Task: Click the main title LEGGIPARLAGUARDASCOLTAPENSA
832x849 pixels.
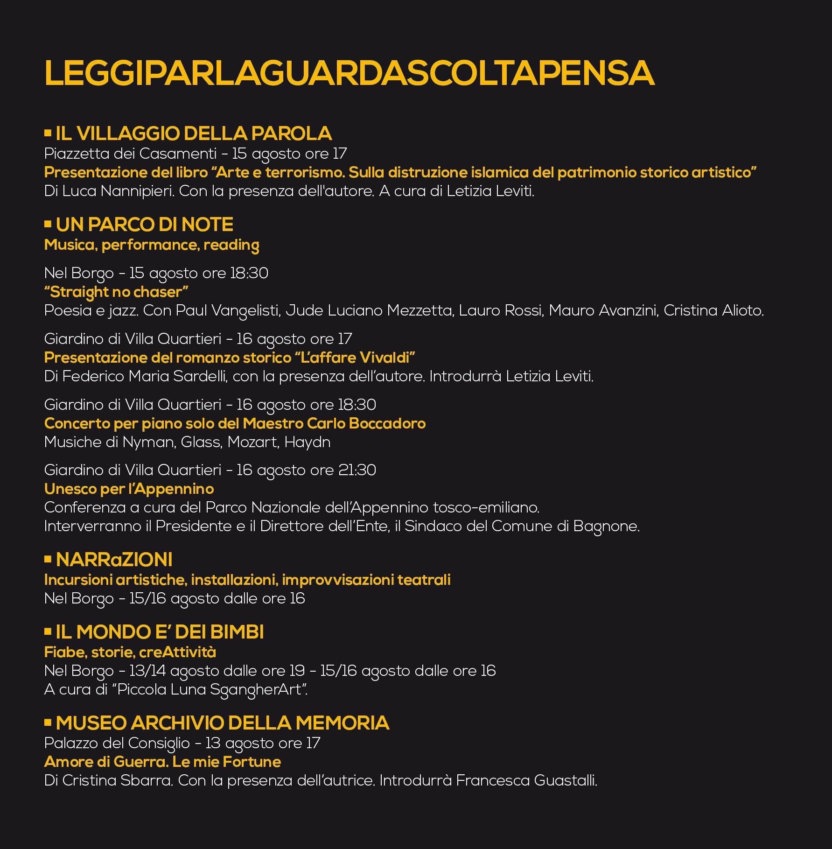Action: (x=349, y=73)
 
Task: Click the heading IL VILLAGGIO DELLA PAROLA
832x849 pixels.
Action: (x=194, y=133)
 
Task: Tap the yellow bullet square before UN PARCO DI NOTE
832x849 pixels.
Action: (x=48, y=224)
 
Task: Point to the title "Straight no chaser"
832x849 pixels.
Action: (x=116, y=292)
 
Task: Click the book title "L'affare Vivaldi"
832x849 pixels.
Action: (x=355, y=358)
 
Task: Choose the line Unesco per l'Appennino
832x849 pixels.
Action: (x=129, y=489)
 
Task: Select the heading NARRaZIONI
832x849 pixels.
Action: (x=114, y=559)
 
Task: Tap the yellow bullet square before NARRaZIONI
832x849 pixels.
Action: (x=48, y=559)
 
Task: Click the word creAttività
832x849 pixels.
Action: (x=177, y=652)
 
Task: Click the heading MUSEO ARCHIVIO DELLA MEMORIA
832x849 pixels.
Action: (x=222, y=723)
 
